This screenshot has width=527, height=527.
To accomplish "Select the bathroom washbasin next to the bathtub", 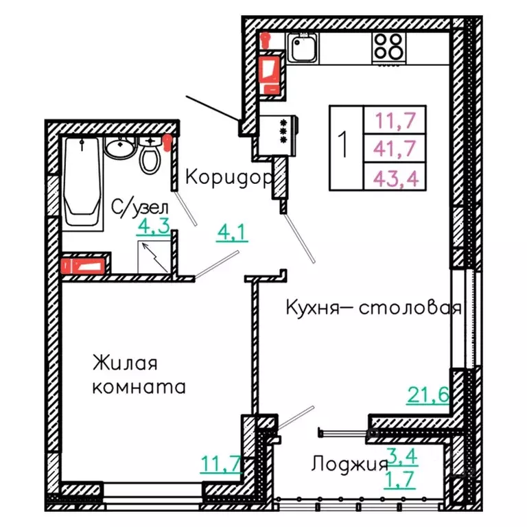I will [120, 148].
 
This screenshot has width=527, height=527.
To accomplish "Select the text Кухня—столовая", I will [373, 308].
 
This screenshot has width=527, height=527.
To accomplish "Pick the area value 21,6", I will [428, 395].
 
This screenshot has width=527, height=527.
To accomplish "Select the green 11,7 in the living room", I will [220, 465].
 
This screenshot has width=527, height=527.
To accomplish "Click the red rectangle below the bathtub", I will [85, 265].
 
